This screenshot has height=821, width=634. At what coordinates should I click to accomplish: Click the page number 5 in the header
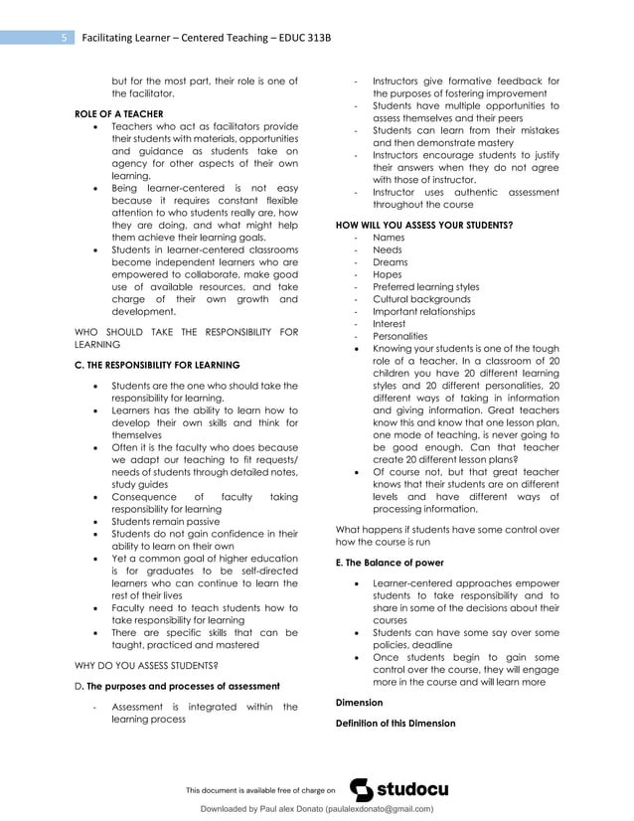point(64,38)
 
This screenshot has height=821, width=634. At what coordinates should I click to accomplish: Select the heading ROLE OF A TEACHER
point(119,114)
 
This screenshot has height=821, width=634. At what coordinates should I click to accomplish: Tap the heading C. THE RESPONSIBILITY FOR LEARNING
point(157,365)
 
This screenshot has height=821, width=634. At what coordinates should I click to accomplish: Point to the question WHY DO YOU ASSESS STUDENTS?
point(147,664)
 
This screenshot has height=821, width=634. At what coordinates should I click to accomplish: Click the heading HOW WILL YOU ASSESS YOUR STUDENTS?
point(425,225)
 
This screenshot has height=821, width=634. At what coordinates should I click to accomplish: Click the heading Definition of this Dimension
point(396,723)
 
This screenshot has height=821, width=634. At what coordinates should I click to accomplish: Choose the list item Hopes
point(387,274)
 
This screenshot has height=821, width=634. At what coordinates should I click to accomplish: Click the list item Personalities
point(397,336)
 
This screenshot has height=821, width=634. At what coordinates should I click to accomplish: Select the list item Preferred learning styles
point(425,287)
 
